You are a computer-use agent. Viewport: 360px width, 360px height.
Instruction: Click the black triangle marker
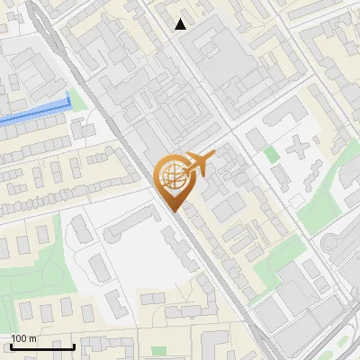(x=181, y=24)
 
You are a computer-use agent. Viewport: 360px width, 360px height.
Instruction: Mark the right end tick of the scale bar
(x=74, y=346)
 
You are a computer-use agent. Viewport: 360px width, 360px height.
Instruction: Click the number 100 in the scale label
(x=19, y=337)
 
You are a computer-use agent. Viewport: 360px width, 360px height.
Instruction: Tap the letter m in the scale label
(x=32, y=337)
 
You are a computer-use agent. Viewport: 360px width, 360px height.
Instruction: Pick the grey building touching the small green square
(x=256, y=139)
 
